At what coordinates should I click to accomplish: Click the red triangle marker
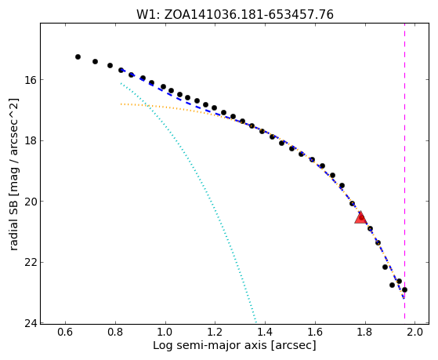(x=360, y=217)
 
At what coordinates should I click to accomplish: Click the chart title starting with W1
(x=235, y=15)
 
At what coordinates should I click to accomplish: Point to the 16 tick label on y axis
(x=28, y=80)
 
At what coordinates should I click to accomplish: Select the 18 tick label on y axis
(x=28, y=140)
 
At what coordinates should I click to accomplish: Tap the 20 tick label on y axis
(x=28, y=202)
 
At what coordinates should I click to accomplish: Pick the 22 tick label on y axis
(x=28, y=263)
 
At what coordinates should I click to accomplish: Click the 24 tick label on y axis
(x=28, y=323)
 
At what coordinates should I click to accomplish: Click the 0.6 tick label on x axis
(x=65, y=333)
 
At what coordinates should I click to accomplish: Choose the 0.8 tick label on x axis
(x=115, y=333)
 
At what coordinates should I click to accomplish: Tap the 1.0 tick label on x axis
(x=165, y=333)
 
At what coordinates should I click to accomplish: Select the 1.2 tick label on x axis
(x=215, y=333)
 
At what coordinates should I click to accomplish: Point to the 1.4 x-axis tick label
(x=265, y=333)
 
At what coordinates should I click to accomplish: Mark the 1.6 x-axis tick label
(x=315, y=333)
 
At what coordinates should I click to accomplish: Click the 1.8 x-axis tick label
(x=365, y=333)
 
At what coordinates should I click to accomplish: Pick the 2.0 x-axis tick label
(x=414, y=333)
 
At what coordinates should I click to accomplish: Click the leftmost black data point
(x=78, y=56)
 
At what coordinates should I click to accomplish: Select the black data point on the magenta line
(x=404, y=289)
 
